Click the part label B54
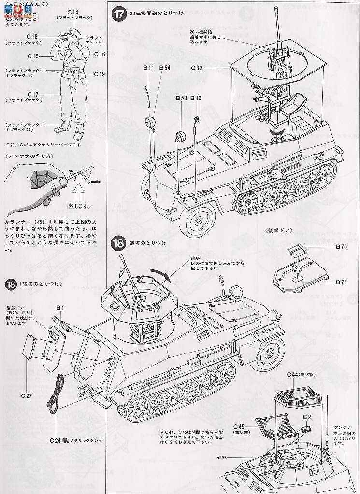point(164,68)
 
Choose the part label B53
point(181,98)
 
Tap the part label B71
point(342,281)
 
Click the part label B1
point(60,307)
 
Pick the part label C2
point(306,417)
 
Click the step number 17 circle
point(119,14)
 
